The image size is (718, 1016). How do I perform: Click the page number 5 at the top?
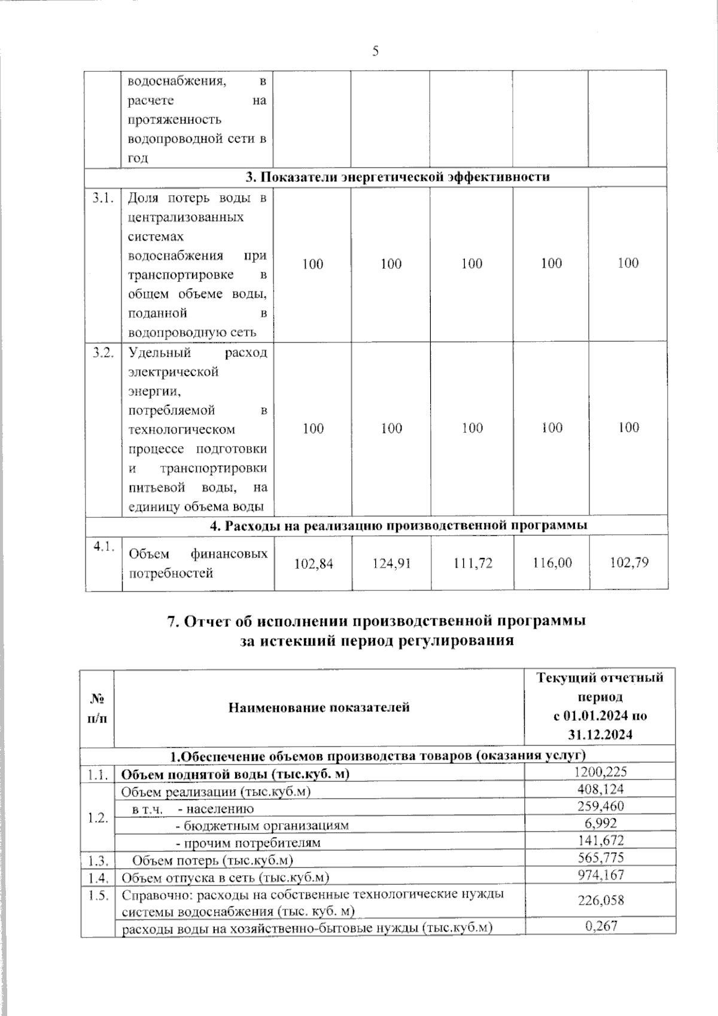click(x=376, y=51)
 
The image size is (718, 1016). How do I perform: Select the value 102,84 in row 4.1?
click(x=314, y=563)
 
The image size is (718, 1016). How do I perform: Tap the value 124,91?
click(x=391, y=563)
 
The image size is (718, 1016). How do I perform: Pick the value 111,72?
click(x=473, y=563)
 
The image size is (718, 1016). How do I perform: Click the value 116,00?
click(x=552, y=563)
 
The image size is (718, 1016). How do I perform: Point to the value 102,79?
click(x=629, y=563)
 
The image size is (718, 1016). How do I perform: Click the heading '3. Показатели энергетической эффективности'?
click(x=398, y=177)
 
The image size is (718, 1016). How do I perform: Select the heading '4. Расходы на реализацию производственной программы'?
click(x=398, y=525)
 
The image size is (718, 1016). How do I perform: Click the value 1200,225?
click(x=600, y=773)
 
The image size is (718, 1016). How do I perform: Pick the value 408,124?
click(x=600, y=790)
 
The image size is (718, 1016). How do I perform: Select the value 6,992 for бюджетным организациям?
click(x=600, y=824)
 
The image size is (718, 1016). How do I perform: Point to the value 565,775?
click(x=600, y=858)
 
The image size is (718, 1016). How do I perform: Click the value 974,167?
click(x=600, y=875)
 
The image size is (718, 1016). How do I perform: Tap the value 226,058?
click(x=600, y=900)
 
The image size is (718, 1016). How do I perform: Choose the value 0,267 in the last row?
click(x=600, y=926)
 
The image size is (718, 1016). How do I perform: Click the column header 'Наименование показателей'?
click(x=319, y=707)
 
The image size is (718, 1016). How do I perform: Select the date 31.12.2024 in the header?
click(x=600, y=735)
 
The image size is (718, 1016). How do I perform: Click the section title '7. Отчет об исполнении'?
click(x=376, y=621)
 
